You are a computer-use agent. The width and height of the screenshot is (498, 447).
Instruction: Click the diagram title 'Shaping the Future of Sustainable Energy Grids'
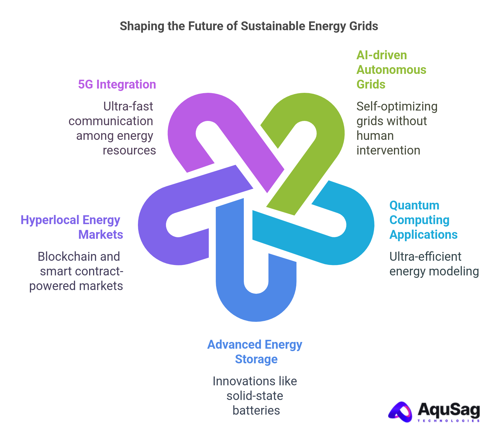249,26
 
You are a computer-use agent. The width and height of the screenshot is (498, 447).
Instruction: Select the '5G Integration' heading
117,85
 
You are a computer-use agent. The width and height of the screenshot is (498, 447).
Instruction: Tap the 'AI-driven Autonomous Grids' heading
391,70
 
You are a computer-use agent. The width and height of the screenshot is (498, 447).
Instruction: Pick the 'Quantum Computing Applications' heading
423,220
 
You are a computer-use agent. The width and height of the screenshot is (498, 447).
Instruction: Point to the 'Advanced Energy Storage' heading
255,352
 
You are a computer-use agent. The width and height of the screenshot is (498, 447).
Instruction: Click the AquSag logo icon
401,412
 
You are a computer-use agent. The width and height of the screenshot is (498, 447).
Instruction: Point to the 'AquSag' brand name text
449,410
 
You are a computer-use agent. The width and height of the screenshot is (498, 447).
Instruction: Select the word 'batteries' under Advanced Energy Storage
256,411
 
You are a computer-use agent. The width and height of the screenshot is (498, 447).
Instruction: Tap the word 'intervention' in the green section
388,151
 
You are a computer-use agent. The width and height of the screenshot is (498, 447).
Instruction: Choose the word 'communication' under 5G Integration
111,121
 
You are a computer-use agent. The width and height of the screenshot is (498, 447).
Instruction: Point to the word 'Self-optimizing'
397,107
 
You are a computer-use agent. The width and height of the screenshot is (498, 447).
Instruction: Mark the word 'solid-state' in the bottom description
255,396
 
